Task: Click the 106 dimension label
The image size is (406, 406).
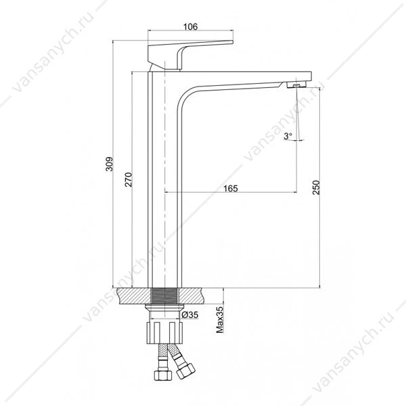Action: point(190,26)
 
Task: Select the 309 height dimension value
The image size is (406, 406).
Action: point(110,164)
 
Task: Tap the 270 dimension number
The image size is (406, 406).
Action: point(129,179)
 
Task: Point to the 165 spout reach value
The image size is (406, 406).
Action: point(231,188)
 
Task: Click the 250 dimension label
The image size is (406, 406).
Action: point(316,187)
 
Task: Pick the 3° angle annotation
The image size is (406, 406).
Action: point(288,136)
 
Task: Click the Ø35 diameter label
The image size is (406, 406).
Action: point(189,315)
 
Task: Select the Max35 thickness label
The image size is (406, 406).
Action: point(220,320)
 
